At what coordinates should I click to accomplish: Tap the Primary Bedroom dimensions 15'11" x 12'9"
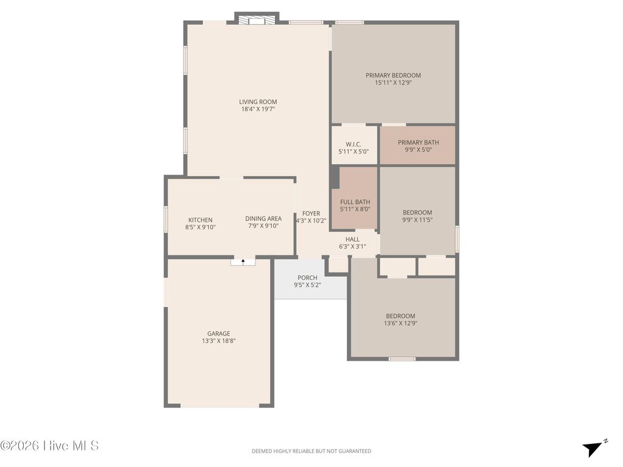[393, 83]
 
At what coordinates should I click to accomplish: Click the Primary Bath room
[418, 145]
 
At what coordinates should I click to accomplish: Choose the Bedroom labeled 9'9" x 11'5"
[417, 216]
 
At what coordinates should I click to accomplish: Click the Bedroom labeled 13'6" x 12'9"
[400, 319]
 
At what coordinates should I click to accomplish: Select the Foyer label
[311, 213]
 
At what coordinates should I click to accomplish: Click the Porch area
[307, 281]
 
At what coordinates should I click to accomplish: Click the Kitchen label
[200, 220]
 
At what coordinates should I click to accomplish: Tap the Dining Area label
[263, 219]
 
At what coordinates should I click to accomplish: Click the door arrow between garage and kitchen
[243, 261]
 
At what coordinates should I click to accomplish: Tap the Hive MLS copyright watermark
[49, 446]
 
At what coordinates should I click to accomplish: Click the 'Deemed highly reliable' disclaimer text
[311, 451]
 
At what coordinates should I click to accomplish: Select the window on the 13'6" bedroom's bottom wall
[402, 359]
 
